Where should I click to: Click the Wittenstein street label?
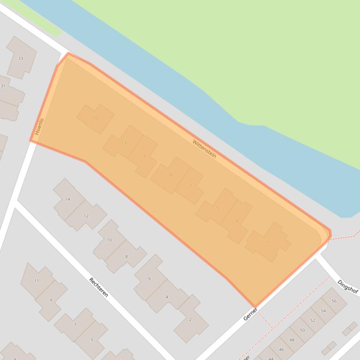click(205, 148)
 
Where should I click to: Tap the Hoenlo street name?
click(39, 126)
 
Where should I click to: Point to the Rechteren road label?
click(99, 287)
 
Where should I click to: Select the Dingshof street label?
click(347, 287)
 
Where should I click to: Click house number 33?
click(20, 58)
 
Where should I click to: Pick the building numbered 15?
click(96, 118)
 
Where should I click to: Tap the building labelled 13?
click(124, 143)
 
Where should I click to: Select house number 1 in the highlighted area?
click(268, 243)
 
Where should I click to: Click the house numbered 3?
click(237, 221)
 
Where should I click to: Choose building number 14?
click(67, 199)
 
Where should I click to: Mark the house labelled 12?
click(86, 216)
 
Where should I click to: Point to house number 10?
click(109, 240)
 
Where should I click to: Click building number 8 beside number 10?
click(126, 256)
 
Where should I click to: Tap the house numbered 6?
click(150, 278)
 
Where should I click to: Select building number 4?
click(167, 297)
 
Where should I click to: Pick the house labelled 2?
click(190, 319)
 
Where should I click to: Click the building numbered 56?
click(334, 301)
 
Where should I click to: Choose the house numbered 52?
click(313, 320)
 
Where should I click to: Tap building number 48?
click(292, 340)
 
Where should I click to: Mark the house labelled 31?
click(4, 86)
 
